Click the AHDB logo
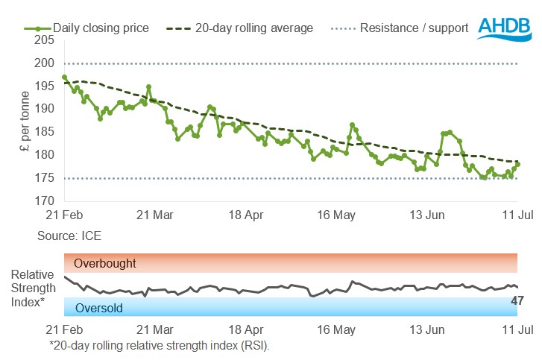(x=505, y=28)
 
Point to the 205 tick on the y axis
(x=44, y=40)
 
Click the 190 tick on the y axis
(x=44, y=109)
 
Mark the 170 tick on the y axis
(x=44, y=200)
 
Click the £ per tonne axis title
(x=25, y=120)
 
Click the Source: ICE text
(x=69, y=236)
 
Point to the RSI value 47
(x=517, y=301)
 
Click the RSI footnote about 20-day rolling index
(x=158, y=345)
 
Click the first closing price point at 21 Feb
(x=65, y=77)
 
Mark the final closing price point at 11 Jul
(x=517, y=164)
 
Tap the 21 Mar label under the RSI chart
(x=155, y=329)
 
